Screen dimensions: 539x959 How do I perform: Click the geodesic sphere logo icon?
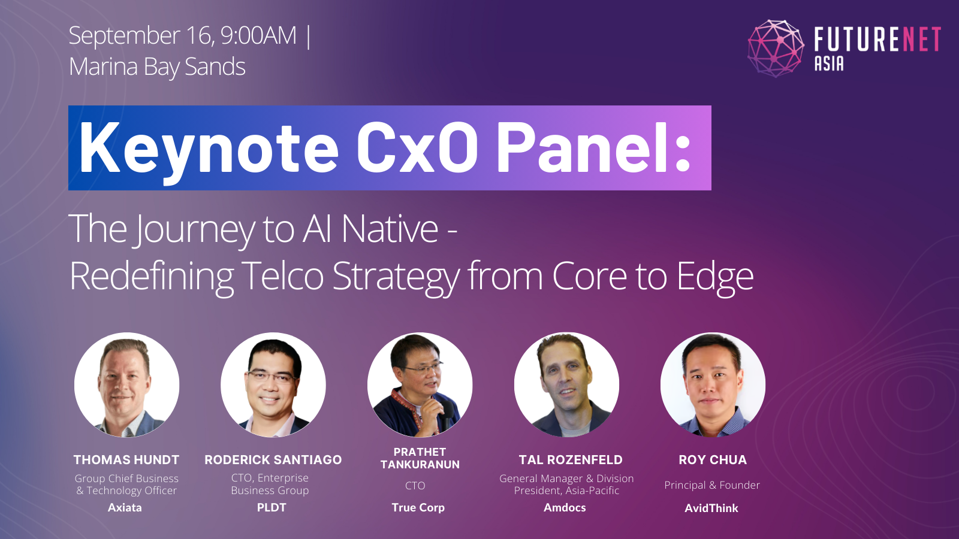pyautogui.click(x=776, y=49)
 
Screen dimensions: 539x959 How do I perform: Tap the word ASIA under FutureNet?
pyautogui.click(x=829, y=63)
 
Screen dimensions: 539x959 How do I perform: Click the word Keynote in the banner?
pyautogui.click(x=209, y=148)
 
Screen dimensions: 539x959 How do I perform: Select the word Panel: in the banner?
pyautogui.click(x=594, y=148)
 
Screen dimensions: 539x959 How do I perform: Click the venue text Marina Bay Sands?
pyautogui.click(x=157, y=66)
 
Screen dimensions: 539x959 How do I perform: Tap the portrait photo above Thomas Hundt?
pyautogui.click(x=126, y=384)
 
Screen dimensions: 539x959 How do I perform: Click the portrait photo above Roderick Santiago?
pyautogui.click(x=273, y=384)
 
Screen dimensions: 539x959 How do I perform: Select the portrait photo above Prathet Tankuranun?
pyautogui.click(x=420, y=384)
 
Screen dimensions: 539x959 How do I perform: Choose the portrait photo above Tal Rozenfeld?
pyautogui.click(x=566, y=384)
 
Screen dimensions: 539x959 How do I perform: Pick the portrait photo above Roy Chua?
pyautogui.click(x=713, y=384)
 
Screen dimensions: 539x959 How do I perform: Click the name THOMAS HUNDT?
pyautogui.click(x=126, y=460)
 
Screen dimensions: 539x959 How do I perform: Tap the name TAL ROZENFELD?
pyautogui.click(x=571, y=460)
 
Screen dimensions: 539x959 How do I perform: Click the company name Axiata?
pyautogui.click(x=125, y=507)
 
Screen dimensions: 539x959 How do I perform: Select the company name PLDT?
pyautogui.click(x=272, y=507)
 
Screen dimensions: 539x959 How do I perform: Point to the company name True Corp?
pyautogui.click(x=418, y=507)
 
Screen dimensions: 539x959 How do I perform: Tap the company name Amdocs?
pyautogui.click(x=565, y=507)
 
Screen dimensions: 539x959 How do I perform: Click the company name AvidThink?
pyautogui.click(x=711, y=508)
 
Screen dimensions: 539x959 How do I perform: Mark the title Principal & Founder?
pyautogui.click(x=712, y=485)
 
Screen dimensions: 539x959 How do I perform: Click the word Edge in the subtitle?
pyautogui.click(x=714, y=276)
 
